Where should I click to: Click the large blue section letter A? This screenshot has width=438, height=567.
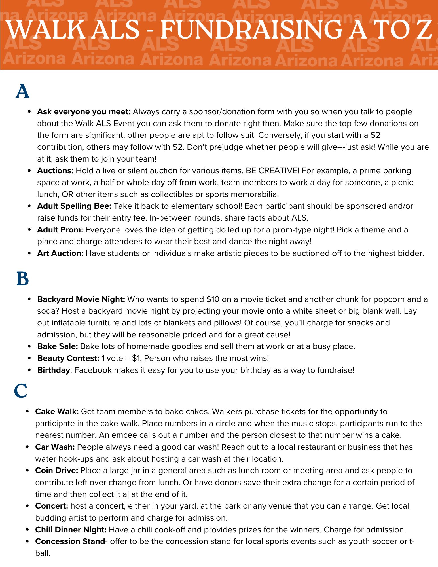click(x=22, y=91)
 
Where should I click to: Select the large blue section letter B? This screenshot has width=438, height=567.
click(x=22, y=279)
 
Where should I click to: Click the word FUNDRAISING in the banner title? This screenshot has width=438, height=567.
click(x=252, y=30)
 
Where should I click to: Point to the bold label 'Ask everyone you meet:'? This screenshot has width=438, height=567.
click(x=84, y=112)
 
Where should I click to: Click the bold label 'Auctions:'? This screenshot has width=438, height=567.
click(x=55, y=171)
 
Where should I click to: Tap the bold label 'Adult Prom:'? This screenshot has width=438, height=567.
click(x=60, y=230)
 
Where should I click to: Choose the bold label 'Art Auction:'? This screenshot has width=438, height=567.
click(x=60, y=253)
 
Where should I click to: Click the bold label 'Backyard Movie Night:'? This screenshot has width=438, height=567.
click(x=81, y=299)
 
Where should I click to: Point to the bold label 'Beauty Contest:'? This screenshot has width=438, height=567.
click(x=68, y=358)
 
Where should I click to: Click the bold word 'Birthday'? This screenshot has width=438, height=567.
click(x=53, y=370)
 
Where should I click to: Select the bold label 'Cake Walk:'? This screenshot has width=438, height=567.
click(x=57, y=412)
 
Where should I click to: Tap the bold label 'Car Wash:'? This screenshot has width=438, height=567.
click(x=55, y=447)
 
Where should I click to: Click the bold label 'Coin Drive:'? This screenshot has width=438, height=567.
click(x=56, y=471)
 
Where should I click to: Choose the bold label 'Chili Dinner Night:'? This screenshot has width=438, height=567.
click(x=71, y=530)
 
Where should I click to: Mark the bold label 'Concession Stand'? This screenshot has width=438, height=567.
click(x=70, y=541)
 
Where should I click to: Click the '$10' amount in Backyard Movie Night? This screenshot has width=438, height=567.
click(x=213, y=299)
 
